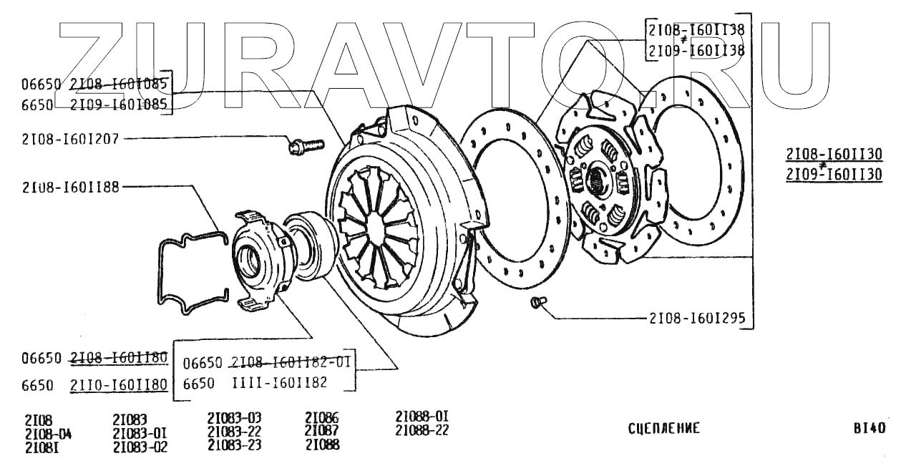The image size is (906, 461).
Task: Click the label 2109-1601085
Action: point(119,105)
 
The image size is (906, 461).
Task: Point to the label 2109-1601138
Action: point(696,51)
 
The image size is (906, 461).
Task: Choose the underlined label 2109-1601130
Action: point(834,174)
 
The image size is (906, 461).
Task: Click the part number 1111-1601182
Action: point(280,383)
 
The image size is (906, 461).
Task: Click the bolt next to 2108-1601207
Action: point(297,147)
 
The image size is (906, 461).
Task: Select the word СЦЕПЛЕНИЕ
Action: point(663,428)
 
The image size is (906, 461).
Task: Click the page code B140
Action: point(870,428)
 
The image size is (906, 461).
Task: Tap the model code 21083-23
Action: point(234,445)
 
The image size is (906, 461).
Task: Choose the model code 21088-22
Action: point(422,430)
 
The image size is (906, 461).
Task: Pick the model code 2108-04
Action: point(48,434)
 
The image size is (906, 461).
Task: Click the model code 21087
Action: point(321,431)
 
